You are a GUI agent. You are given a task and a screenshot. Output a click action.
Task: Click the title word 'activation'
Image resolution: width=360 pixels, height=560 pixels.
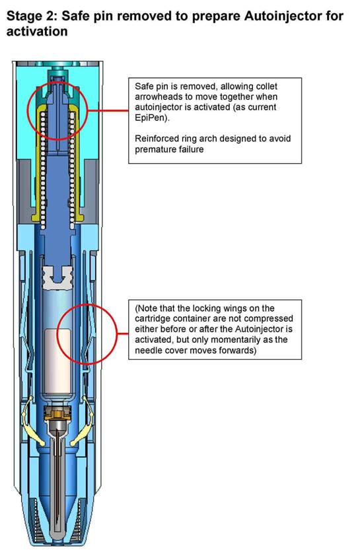[x=37, y=32]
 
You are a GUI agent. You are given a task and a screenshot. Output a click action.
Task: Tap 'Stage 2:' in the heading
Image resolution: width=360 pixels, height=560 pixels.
[x=32, y=16]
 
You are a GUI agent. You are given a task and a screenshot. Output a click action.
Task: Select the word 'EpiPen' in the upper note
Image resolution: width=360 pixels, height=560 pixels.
[x=151, y=118]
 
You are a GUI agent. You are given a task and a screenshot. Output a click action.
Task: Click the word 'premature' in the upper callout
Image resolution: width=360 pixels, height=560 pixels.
[x=152, y=149]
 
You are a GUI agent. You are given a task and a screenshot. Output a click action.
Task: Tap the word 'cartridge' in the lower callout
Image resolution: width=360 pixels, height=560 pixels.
[x=151, y=318]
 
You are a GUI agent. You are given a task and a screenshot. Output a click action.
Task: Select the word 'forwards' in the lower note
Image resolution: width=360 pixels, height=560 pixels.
[x=237, y=351]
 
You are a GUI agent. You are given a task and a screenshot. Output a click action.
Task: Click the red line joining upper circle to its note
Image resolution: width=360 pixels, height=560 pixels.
[x=108, y=111]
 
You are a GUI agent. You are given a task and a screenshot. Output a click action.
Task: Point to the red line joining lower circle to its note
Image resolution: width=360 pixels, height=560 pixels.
[x=122, y=334]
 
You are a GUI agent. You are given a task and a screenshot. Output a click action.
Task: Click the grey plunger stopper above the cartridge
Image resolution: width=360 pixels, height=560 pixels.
[x=57, y=277]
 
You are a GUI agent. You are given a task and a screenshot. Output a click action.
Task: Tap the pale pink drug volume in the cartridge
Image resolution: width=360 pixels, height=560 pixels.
[x=57, y=361]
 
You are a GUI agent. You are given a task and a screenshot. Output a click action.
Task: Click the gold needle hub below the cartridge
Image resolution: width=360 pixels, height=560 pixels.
[x=57, y=414]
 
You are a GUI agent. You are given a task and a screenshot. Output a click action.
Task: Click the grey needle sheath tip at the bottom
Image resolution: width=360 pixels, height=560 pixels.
[x=57, y=532]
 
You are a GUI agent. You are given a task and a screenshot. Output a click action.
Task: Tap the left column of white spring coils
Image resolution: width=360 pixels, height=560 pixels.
[x=42, y=170]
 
